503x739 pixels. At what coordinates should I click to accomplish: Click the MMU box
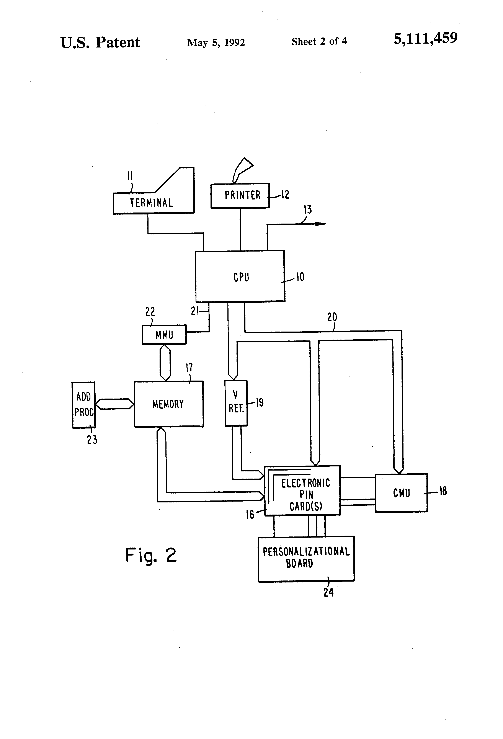pyautogui.click(x=164, y=335)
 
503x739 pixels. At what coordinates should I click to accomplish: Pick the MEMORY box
pyautogui.click(x=168, y=404)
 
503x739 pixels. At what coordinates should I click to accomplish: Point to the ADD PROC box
pyautogui.click(x=84, y=404)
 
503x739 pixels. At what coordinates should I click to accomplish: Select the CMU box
pyautogui.click(x=401, y=493)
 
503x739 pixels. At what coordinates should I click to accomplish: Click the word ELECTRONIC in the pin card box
pyautogui.click(x=305, y=483)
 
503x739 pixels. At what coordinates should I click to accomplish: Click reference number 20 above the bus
pyautogui.click(x=332, y=317)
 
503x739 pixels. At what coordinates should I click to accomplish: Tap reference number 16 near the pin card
pyautogui.click(x=250, y=514)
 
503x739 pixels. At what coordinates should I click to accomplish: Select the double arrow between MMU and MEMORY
pyautogui.click(x=165, y=363)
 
